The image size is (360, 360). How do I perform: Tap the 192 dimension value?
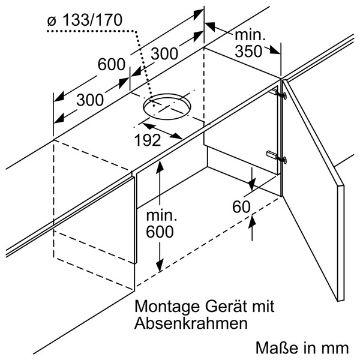[147, 140]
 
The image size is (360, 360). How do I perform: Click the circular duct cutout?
[167, 107]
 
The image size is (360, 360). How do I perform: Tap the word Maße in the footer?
[274, 347]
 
